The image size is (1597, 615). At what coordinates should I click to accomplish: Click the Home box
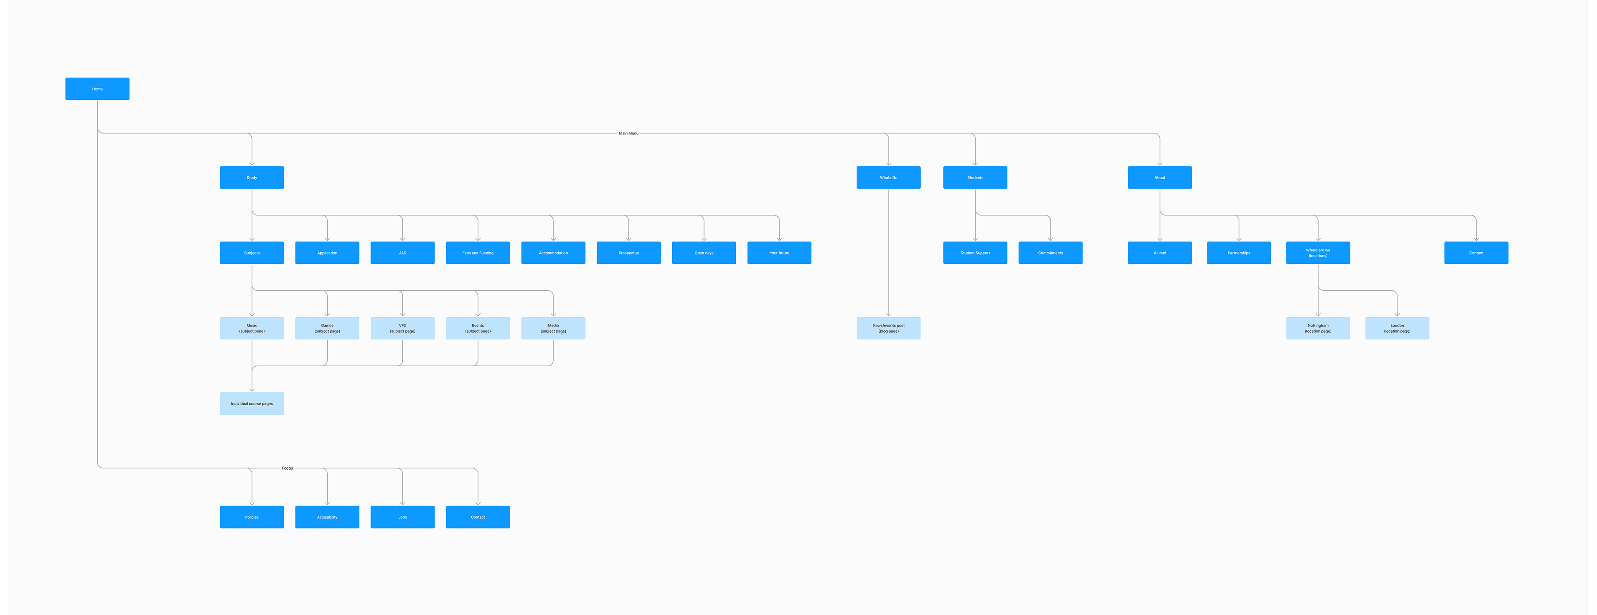tap(97, 89)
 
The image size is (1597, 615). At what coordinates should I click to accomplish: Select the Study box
tap(252, 177)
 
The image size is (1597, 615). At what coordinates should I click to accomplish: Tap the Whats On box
tap(889, 177)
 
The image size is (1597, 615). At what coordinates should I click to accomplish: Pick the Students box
tap(975, 177)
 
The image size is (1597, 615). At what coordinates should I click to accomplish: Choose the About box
tap(1160, 177)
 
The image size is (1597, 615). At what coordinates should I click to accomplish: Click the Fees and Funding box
tap(478, 253)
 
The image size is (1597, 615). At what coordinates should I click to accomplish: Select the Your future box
tap(779, 253)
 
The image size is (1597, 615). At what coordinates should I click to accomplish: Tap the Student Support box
tap(975, 253)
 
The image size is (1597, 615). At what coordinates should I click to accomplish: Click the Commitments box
tap(1051, 253)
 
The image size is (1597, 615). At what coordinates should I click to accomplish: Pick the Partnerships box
tap(1239, 253)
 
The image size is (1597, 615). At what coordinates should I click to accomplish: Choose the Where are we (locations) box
tap(1318, 253)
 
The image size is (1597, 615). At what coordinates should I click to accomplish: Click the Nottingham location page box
tap(1318, 328)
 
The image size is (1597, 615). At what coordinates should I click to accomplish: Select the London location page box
tap(1397, 328)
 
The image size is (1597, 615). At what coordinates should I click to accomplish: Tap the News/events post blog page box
tap(889, 328)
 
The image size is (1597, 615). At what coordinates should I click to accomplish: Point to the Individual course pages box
tap(252, 404)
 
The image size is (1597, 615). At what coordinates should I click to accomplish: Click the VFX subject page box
tap(403, 328)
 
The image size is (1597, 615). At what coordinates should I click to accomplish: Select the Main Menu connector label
tap(628, 133)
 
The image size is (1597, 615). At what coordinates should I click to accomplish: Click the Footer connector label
tap(288, 468)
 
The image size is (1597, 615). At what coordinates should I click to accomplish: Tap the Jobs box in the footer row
tap(403, 517)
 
